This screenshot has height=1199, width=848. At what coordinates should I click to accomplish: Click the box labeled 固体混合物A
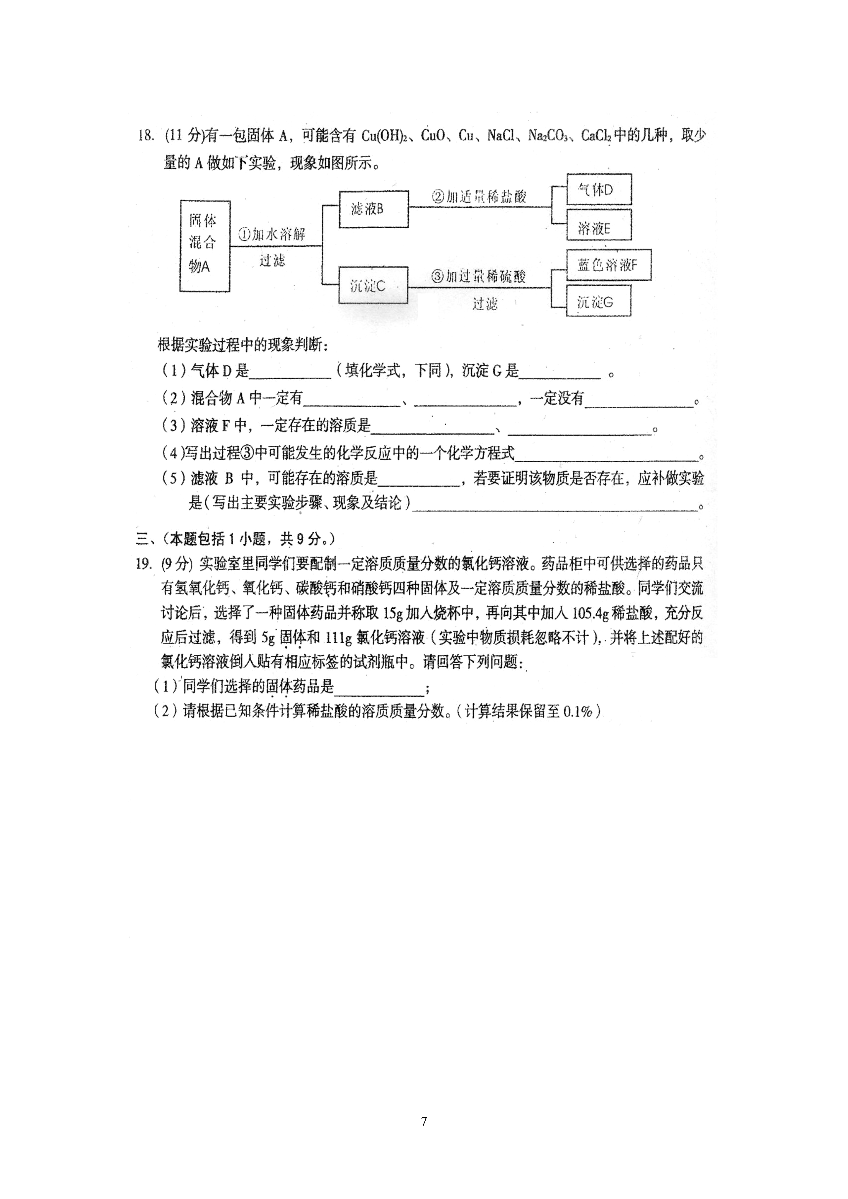[x=205, y=245]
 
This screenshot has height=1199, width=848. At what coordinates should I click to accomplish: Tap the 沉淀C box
[x=373, y=285]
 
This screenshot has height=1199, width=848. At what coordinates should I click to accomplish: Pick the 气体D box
[x=599, y=189]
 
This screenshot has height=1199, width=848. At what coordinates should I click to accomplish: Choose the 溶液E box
[x=599, y=225]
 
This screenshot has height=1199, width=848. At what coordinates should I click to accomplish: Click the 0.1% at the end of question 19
[x=578, y=711]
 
